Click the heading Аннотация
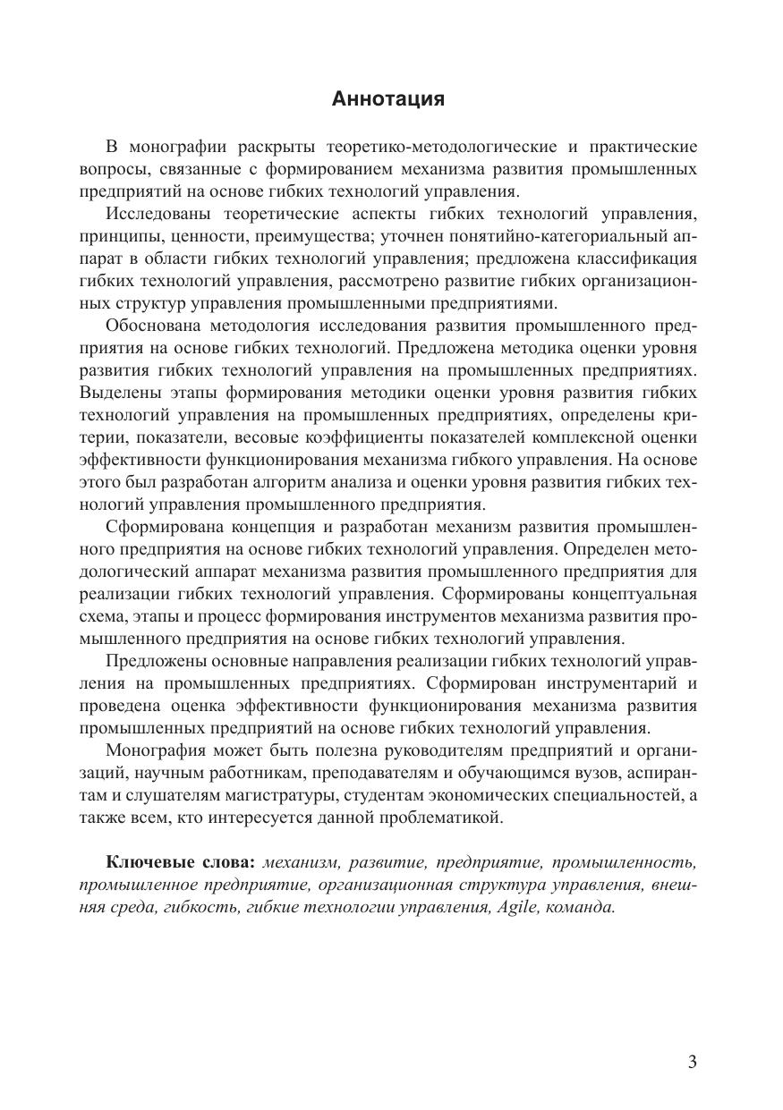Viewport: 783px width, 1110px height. coord(387,99)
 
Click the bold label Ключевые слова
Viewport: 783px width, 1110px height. coord(181,862)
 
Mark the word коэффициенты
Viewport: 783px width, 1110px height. coord(438,437)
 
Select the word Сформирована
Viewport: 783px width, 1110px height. coord(161,526)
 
